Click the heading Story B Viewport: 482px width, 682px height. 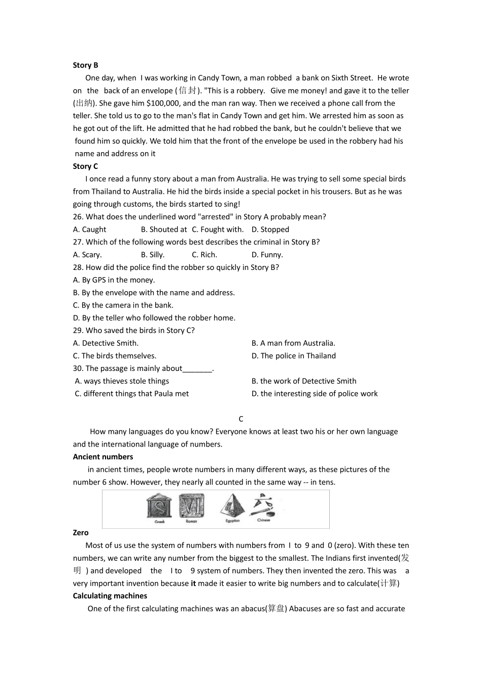click(85, 65)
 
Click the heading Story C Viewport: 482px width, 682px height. click(85, 166)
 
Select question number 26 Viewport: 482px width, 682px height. click(78, 217)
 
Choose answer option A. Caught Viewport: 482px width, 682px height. click(90, 229)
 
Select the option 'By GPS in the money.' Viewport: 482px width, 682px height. click(114, 280)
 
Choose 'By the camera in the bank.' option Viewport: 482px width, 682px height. click(123, 305)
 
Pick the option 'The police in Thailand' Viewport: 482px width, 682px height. click(294, 356)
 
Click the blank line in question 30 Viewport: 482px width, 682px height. click(197, 369)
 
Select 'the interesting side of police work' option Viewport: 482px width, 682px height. click(315, 394)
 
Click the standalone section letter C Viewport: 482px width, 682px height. click(241, 419)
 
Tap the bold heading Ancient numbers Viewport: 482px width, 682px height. click(103, 457)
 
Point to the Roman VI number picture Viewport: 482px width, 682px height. click(192, 506)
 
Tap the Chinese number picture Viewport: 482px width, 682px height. click(264, 506)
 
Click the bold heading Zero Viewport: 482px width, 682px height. click(81, 533)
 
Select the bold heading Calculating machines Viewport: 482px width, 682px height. click(110, 596)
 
